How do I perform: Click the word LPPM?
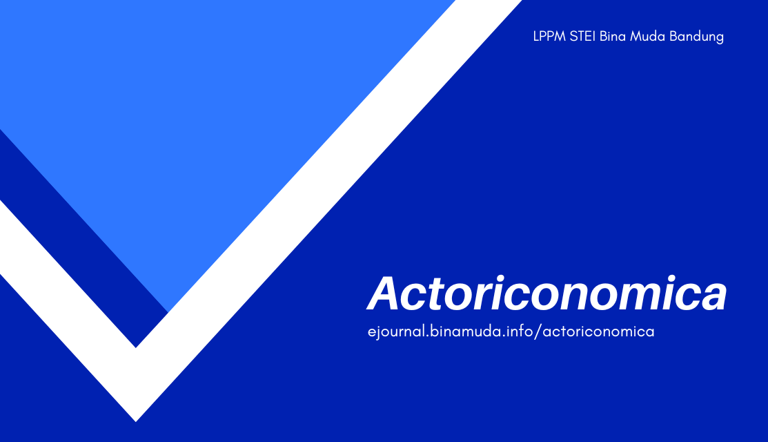click(549, 37)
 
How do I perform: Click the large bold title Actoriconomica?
click(547, 294)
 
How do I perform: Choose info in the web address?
click(520, 331)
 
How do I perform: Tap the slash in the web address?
click(539, 332)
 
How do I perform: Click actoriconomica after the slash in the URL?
click(598, 332)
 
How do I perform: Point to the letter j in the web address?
click(380, 332)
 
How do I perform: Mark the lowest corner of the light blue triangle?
click(169, 310)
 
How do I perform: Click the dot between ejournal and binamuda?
click(426, 336)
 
